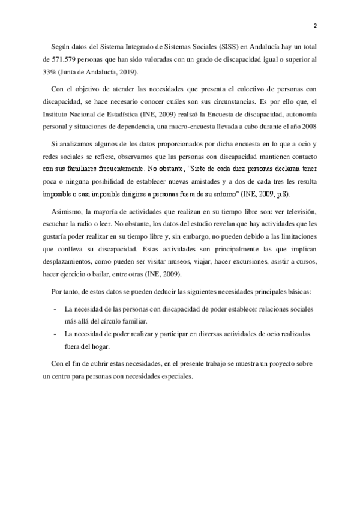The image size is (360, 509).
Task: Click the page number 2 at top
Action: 314,26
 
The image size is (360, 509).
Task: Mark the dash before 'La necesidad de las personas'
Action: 56,309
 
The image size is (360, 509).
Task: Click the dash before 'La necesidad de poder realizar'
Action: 56,334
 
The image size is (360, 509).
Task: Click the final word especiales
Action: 176,377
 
